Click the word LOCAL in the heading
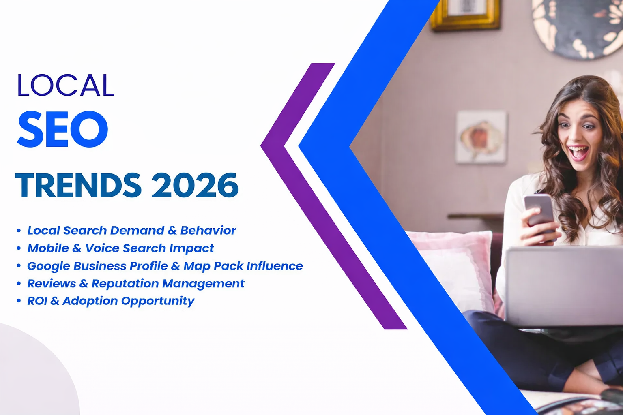[x=66, y=85]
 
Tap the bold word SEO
[x=63, y=129]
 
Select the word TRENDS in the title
[x=78, y=185]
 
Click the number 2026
[x=195, y=185]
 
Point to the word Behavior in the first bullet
[x=208, y=230]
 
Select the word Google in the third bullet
[x=48, y=266]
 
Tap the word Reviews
[x=52, y=283]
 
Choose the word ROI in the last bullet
[x=37, y=301]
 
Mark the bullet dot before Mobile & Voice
[x=19, y=248]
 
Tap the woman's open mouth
[x=578, y=152]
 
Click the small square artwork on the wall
[x=481, y=137]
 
